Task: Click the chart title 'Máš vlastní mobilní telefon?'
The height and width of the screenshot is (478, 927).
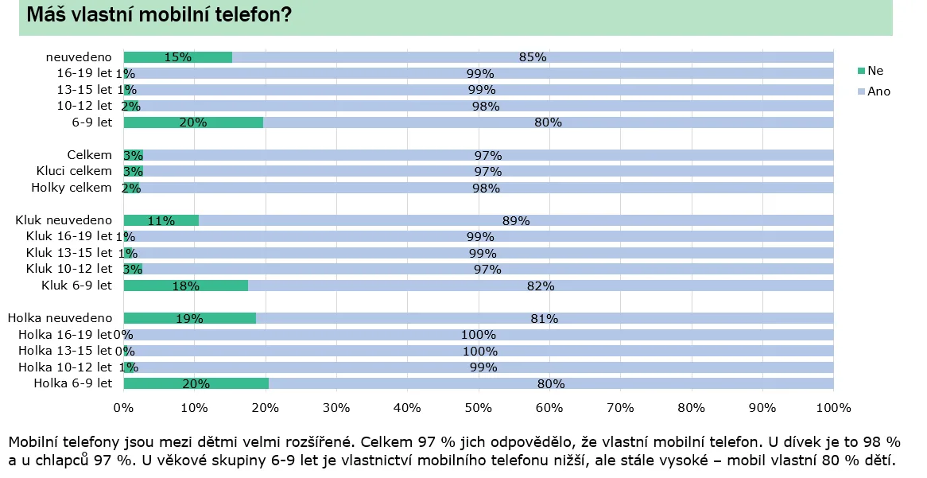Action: pyautogui.click(x=159, y=15)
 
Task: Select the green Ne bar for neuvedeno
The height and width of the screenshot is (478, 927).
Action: pyautogui.click(x=177, y=57)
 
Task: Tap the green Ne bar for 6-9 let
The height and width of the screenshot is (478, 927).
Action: pyautogui.click(x=193, y=122)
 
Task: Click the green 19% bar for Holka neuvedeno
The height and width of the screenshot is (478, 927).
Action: pyautogui.click(x=189, y=318)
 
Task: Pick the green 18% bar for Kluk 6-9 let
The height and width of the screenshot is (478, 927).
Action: pyautogui.click(x=185, y=286)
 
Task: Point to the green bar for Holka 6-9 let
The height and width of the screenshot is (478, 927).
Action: pyautogui.click(x=196, y=383)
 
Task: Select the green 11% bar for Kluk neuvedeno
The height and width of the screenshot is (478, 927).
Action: pyautogui.click(x=161, y=220)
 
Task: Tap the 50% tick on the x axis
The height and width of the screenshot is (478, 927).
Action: pyautogui.click(x=478, y=408)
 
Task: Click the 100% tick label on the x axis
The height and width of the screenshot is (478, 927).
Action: pyautogui.click(x=833, y=408)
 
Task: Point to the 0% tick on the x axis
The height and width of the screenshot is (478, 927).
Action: pyautogui.click(x=123, y=408)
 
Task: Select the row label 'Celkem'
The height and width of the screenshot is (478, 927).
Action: pyautogui.click(x=90, y=155)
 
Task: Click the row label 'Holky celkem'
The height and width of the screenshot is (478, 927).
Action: pyautogui.click(x=72, y=188)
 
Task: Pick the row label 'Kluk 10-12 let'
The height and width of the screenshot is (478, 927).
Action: pyautogui.click(x=69, y=269)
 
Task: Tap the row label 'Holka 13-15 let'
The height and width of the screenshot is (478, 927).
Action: pyautogui.click(x=65, y=351)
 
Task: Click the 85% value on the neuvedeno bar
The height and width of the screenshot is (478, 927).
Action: pyautogui.click(x=532, y=57)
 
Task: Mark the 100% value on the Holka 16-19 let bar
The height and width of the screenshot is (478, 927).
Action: pyautogui.click(x=479, y=335)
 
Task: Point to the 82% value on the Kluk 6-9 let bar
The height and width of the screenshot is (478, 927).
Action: pyautogui.click(x=540, y=286)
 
